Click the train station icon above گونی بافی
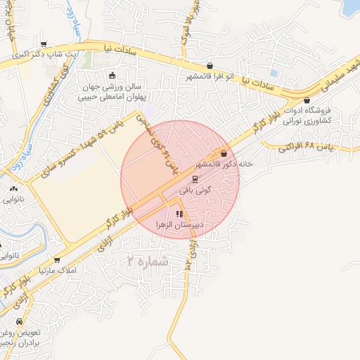tap(195, 179)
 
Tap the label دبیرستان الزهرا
tap(179, 225)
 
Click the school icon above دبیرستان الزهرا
tap(179, 214)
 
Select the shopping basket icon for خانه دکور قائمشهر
tap(224, 153)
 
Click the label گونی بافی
tap(195, 190)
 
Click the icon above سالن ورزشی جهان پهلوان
tap(112, 75)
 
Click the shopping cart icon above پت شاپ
tap(44, 44)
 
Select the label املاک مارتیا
tap(56, 270)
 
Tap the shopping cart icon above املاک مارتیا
tap(56, 259)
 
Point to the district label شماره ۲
tap(147, 262)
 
